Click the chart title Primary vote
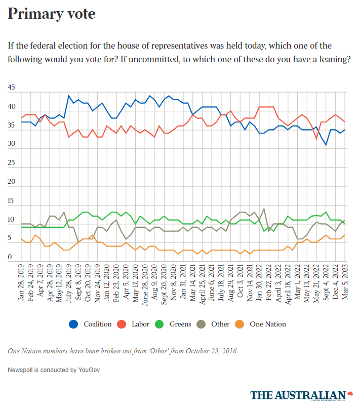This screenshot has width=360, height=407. click(51, 14)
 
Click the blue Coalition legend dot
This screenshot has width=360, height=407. click(74, 324)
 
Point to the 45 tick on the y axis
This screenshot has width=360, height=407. click(12, 88)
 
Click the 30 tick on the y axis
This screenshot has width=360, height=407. click(12, 144)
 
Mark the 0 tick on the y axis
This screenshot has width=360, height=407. click(10, 257)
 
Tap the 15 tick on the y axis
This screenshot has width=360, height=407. click(12, 201)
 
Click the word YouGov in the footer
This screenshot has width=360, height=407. click(89, 370)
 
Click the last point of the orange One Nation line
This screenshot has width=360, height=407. click(345, 235)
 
